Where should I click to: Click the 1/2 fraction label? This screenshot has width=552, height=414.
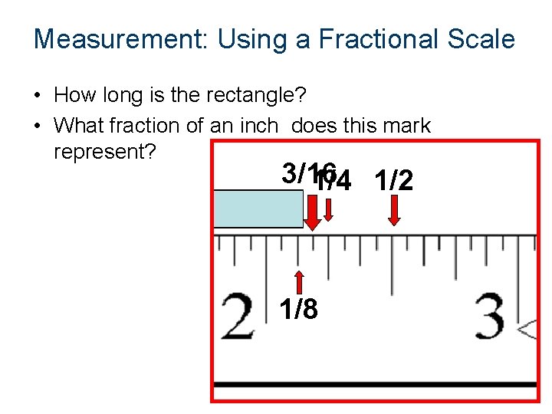[394, 181]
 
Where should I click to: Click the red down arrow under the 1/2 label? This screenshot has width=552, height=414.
[394, 210]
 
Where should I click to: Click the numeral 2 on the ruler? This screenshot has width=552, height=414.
[238, 316]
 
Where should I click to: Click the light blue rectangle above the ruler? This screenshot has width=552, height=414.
[258, 209]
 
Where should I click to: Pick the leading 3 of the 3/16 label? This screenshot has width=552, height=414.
[289, 173]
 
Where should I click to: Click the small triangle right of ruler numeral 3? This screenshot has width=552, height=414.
[527, 330]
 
